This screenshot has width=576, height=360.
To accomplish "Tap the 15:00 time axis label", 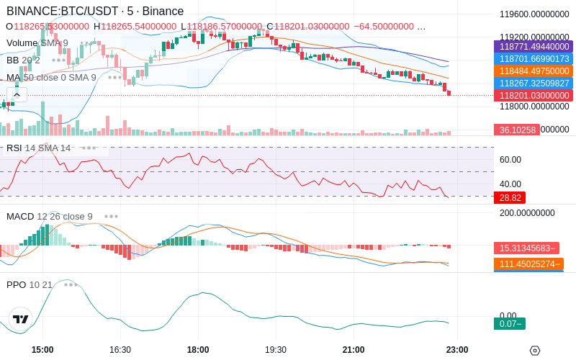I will [42, 349].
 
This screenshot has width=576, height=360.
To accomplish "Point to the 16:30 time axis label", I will [120, 349].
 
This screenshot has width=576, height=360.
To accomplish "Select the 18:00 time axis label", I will [198, 349].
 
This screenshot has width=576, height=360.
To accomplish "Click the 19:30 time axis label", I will [276, 349].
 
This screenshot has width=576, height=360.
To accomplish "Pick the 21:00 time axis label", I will [354, 349].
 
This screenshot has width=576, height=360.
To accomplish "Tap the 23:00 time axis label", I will [458, 349].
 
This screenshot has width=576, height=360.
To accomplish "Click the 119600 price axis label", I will [534, 14].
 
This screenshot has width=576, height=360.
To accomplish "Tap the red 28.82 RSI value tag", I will [509, 197].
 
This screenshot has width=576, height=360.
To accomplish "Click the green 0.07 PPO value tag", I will [509, 323].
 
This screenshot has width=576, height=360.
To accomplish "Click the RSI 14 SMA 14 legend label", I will [39, 148].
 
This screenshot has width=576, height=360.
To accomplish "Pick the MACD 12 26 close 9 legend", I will [50, 216].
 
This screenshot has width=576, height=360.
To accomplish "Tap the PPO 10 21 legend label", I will [30, 284].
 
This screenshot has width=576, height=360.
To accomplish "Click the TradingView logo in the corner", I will [21, 319].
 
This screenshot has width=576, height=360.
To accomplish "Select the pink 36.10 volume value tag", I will [516, 130].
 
